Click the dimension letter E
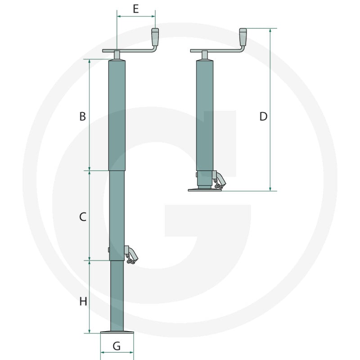pyautogui.click(x=136, y=9)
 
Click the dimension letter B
pyautogui.click(x=83, y=117)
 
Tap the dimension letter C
pyautogui.click(x=83, y=217)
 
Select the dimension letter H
pyautogui.click(x=83, y=301)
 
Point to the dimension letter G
pyautogui.click(x=117, y=346)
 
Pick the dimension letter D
pyautogui.click(x=263, y=117)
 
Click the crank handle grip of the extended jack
pyautogui.click(x=155, y=36)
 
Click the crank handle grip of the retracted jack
pyautogui.click(x=243, y=36)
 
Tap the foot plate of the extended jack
pyautogui.click(x=117, y=333)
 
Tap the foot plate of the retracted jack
pyautogui.click(x=205, y=190)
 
